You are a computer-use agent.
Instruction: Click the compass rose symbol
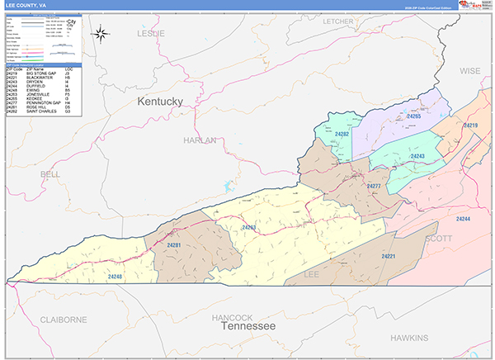click(101, 34)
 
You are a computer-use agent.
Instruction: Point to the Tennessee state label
click(248, 328)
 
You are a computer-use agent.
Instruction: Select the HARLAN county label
click(200, 140)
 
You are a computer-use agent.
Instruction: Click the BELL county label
click(49, 174)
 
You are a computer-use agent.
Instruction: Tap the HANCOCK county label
click(232, 318)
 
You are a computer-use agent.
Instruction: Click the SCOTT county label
click(438, 238)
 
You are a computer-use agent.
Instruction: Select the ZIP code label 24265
click(412, 116)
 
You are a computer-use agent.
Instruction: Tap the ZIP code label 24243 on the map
click(417, 156)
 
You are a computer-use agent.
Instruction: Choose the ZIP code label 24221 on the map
click(389, 257)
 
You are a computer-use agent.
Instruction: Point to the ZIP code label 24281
click(173, 245)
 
